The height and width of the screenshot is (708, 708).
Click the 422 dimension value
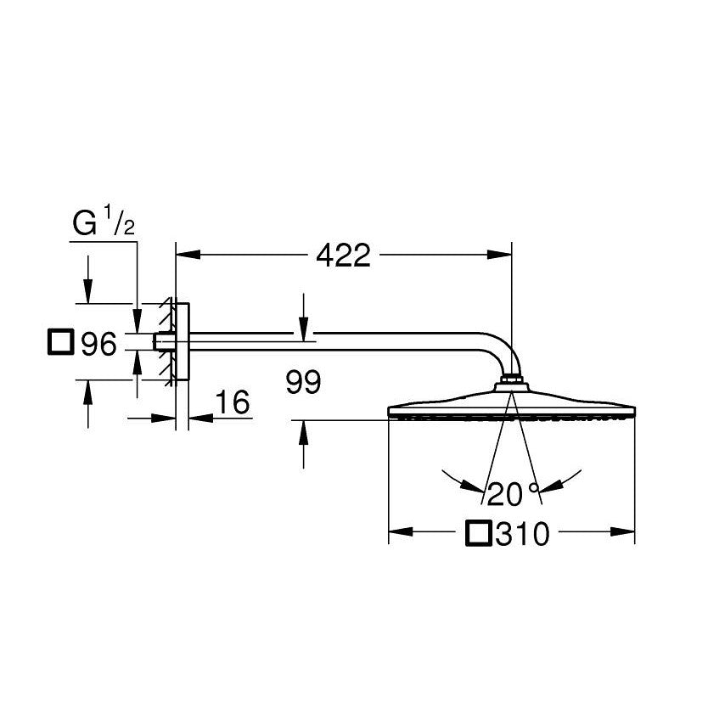click(x=343, y=254)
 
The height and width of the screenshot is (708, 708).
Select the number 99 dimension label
click(x=303, y=383)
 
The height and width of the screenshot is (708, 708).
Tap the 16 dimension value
click(x=233, y=403)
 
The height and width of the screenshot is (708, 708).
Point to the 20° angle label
click(x=513, y=492)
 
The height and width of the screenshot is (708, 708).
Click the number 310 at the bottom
click(x=524, y=534)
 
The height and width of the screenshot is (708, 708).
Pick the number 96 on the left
click(x=98, y=344)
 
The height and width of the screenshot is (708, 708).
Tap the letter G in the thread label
click(x=83, y=227)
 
